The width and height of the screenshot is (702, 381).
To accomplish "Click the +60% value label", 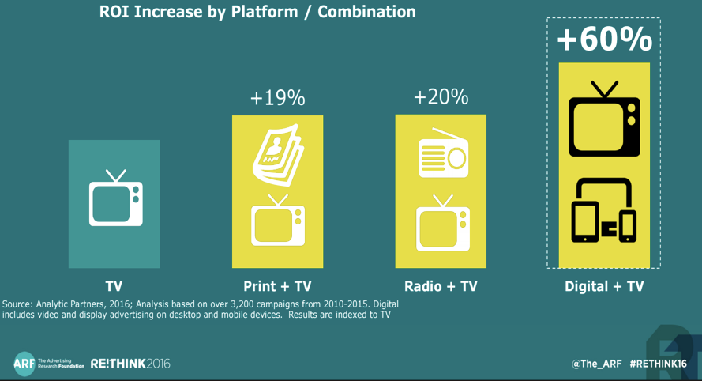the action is pos(604,39).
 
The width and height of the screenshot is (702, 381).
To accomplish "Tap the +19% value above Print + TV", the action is pos(278,98).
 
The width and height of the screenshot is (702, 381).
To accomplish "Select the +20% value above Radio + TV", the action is pos(441,96).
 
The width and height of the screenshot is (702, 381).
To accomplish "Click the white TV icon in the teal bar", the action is pos(116,198).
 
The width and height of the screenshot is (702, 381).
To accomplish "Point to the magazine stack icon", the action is pos(278,155).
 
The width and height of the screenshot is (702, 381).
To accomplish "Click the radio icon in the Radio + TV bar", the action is pos(443,153).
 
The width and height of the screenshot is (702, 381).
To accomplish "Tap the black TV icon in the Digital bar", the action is pos(604,119).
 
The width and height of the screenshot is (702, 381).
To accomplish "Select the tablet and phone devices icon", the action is pos(604,209).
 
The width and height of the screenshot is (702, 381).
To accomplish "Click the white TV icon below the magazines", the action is pos(278,220).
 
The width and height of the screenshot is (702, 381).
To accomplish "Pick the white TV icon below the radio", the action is pos(443,223).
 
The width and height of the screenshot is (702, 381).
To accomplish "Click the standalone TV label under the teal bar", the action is pos(114,286).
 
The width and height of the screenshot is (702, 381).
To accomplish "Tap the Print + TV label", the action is pos(277,286).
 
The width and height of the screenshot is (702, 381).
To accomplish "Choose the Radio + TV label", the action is pos(441,286).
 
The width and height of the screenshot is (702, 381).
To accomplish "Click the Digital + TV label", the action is pos(604,286).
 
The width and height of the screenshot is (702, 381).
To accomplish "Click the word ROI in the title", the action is pos(114,12).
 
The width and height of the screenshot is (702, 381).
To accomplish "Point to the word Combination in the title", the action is pos(366,12).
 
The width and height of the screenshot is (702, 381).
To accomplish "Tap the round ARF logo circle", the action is pos(24,364).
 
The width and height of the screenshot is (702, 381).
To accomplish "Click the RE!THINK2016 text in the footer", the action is pos(130,364).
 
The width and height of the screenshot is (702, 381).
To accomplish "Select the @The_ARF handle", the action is pos(597,364).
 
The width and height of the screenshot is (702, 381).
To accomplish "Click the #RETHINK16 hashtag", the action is pos(658,364).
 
